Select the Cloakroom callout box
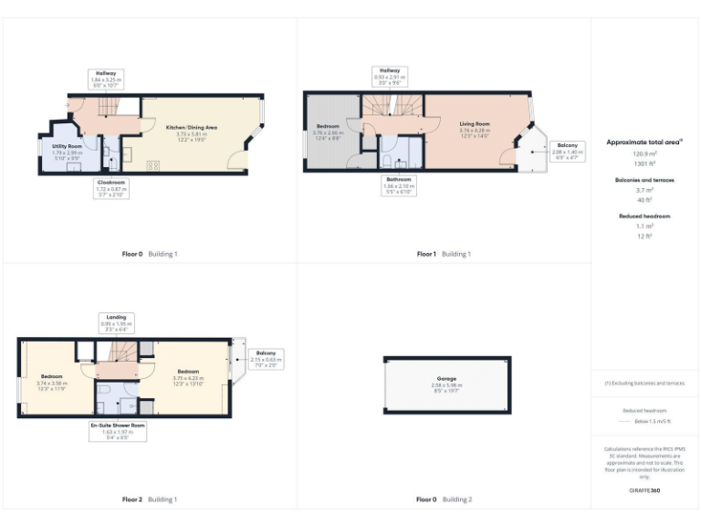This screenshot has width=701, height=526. coord(111,188)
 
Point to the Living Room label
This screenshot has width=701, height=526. coord(475,127)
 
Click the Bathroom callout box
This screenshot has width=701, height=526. coord(399,185)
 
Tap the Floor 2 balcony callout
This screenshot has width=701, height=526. coord(266,358)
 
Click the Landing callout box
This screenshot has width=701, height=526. coord(116,323)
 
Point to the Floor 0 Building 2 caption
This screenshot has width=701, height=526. coord(444,500)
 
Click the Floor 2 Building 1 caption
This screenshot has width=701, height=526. coord(150,500)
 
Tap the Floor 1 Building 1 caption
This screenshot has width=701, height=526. coord(444,253)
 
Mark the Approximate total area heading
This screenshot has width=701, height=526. coord(643,142)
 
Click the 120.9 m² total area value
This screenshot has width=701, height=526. coord(644,155)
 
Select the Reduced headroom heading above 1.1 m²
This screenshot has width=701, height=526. coord(644,216)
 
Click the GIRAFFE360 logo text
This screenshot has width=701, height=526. coord(644,491)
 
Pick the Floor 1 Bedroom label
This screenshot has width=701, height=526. coord(328,128)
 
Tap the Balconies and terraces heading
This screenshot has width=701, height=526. coord(644,181)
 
